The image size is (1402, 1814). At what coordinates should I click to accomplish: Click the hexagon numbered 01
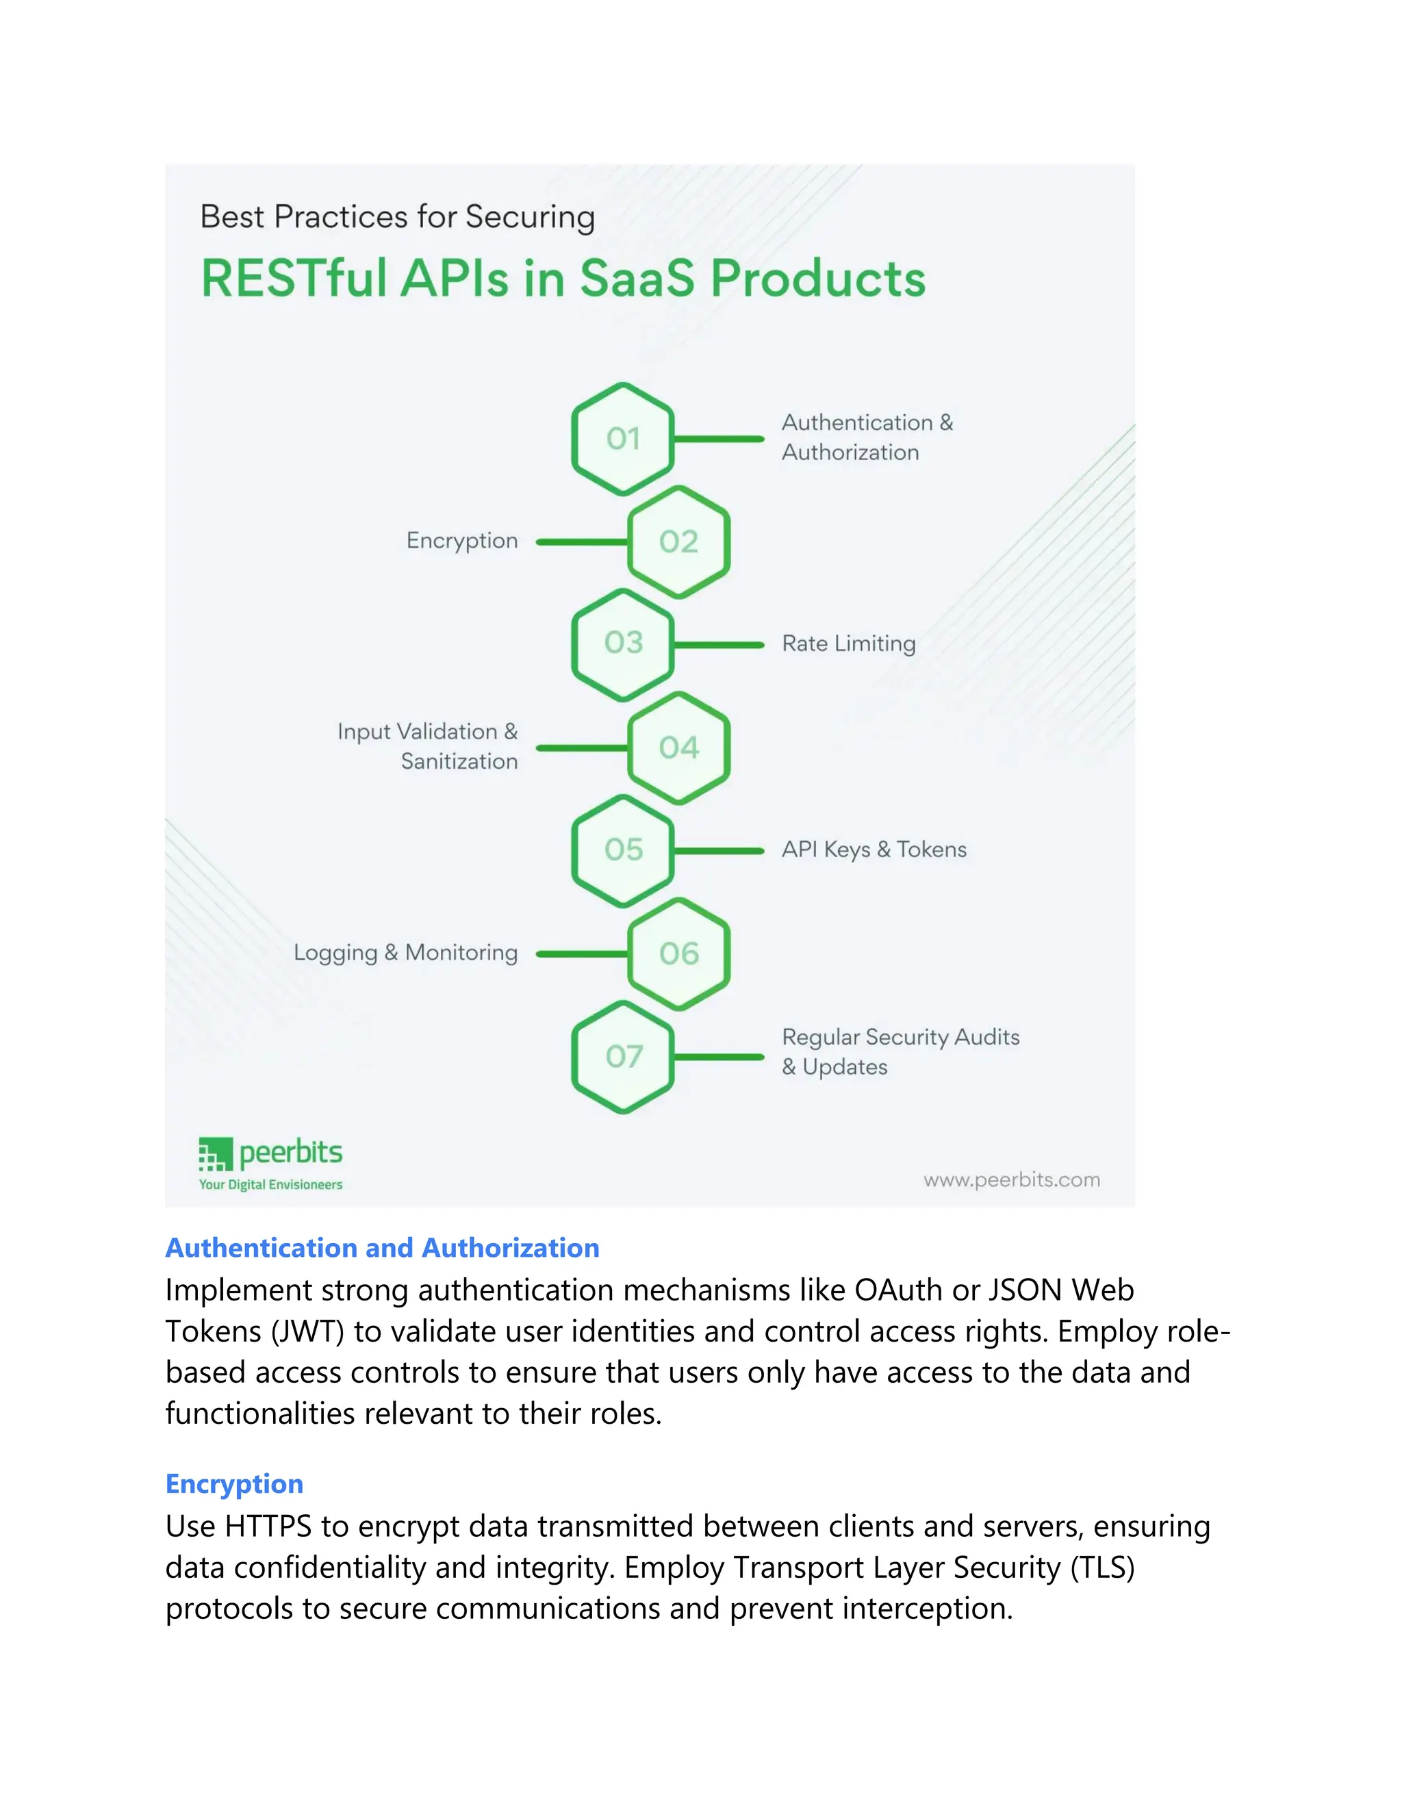point(622,439)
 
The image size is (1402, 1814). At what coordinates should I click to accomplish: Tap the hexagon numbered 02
point(678,541)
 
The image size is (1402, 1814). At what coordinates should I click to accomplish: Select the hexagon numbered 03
point(622,645)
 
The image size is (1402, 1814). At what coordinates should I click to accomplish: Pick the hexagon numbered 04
point(678,748)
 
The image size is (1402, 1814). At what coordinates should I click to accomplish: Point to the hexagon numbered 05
point(622,850)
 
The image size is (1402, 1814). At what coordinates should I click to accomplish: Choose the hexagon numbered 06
point(678,954)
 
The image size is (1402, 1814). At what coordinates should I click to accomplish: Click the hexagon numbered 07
point(622,1056)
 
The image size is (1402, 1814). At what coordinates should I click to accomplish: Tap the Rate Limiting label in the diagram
point(848,643)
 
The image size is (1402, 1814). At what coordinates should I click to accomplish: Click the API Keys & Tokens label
point(874,849)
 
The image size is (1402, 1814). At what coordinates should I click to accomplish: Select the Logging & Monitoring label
point(405,953)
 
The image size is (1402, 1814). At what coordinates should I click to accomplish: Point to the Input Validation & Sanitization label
point(428,746)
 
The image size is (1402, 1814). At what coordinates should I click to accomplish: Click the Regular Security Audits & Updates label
point(900,1051)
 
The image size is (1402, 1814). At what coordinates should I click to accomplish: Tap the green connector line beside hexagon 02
point(581,541)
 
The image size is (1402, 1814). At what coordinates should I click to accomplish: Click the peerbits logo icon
point(214,1155)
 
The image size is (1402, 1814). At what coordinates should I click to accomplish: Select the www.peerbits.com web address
point(1011,1179)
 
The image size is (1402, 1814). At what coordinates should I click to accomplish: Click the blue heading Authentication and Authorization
point(382,1247)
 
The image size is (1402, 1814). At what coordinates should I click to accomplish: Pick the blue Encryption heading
point(234,1483)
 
